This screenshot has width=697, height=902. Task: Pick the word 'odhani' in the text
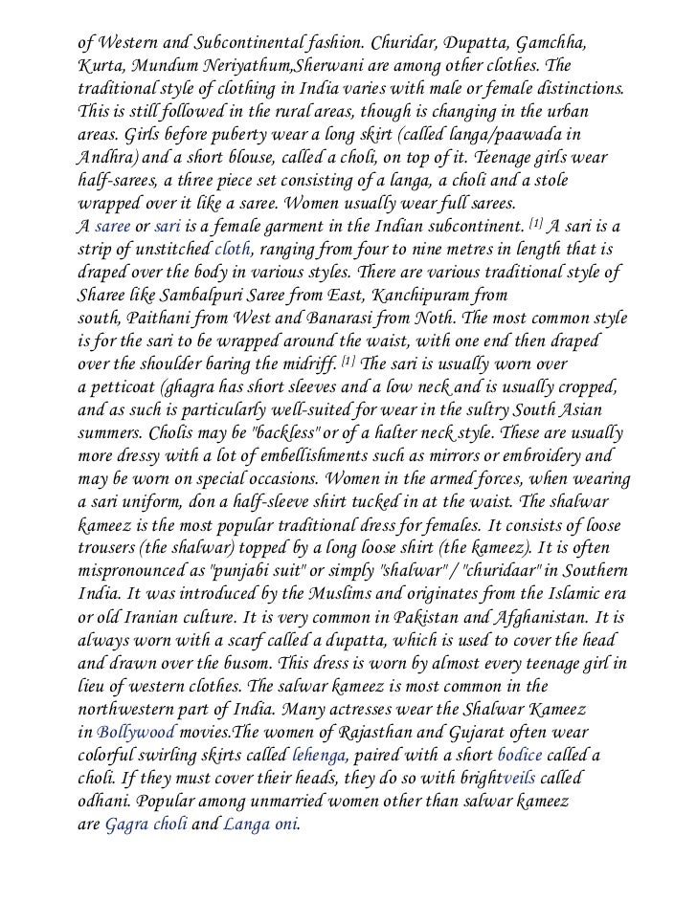point(104,800)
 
